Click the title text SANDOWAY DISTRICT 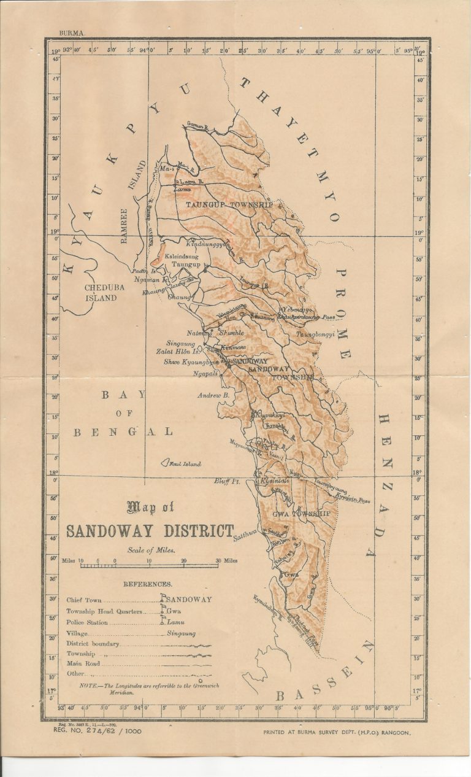[150, 530]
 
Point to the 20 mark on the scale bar [183, 560]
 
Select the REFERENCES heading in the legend [148, 585]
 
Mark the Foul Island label [185, 464]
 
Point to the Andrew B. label [212, 396]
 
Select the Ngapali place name [205, 373]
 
